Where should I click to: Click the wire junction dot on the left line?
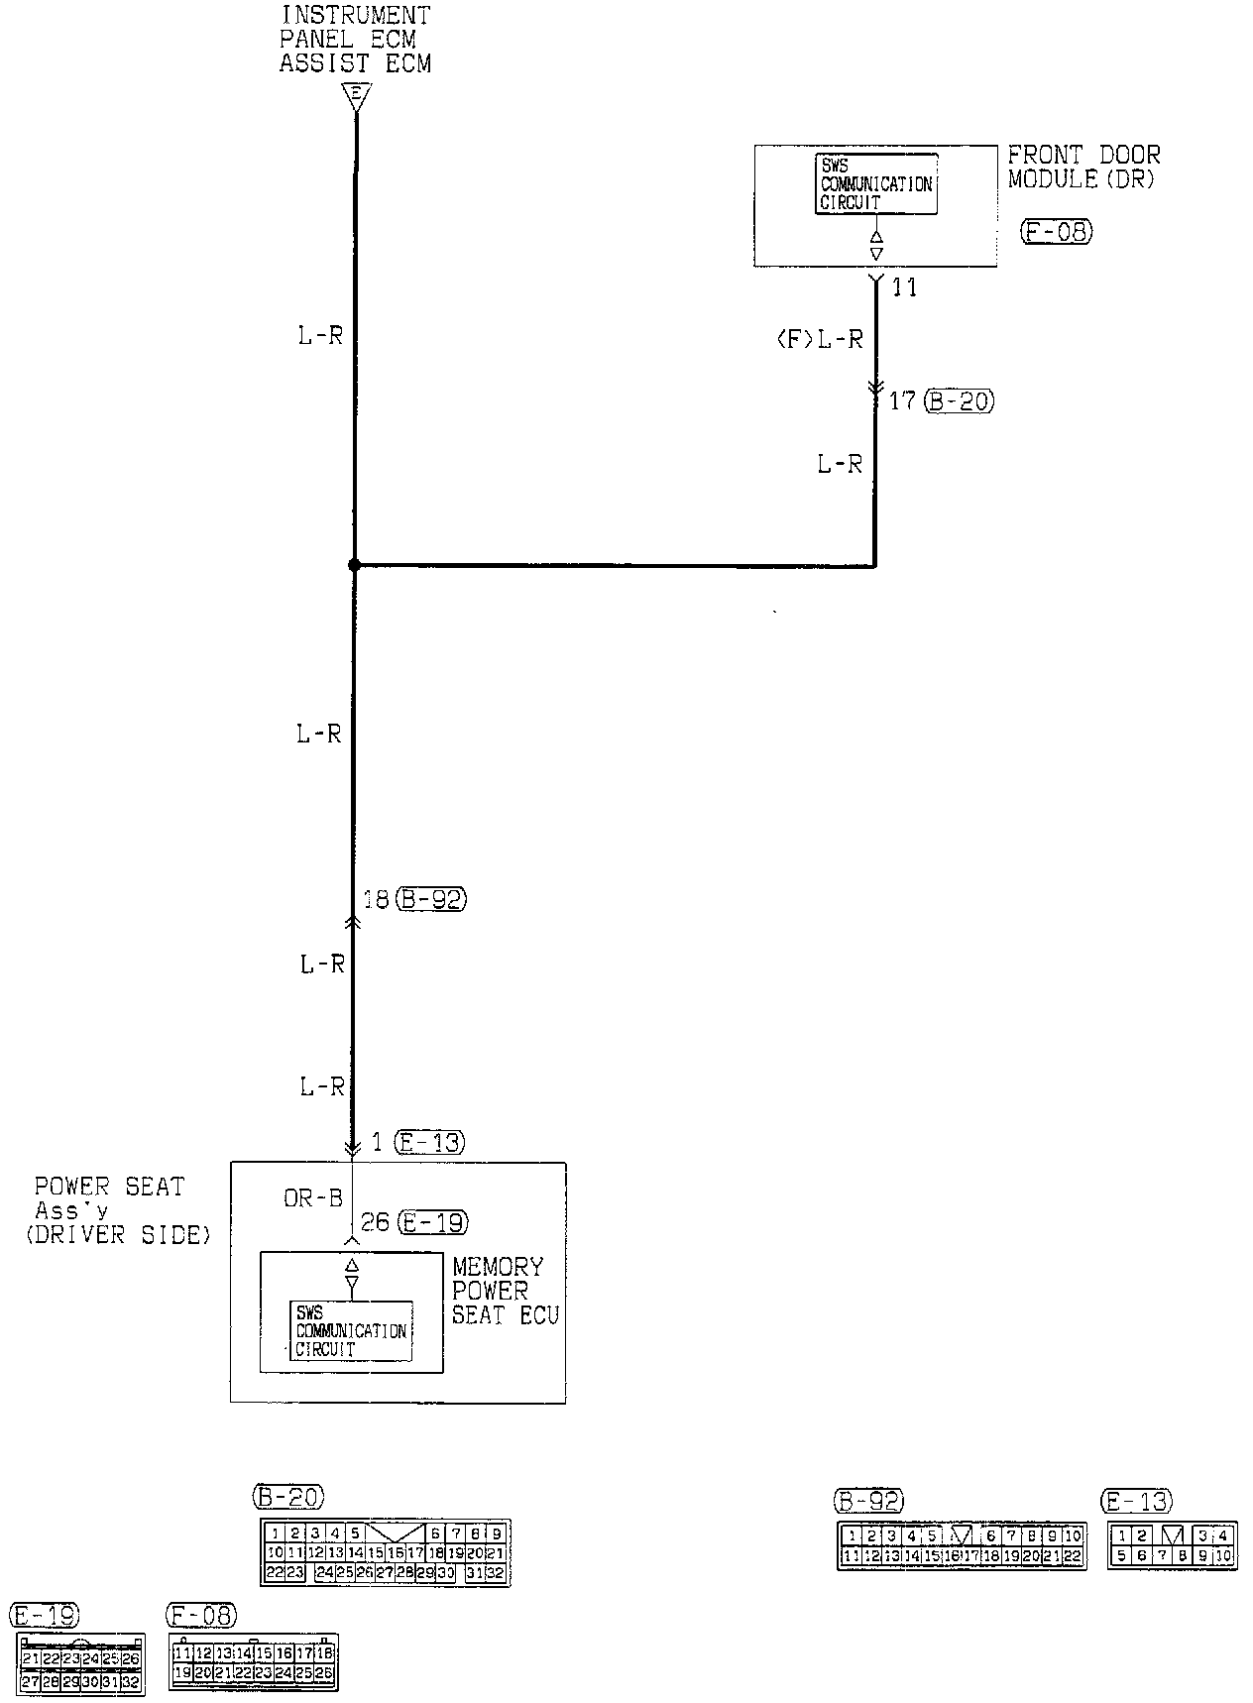(x=354, y=565)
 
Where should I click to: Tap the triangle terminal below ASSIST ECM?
(x=355, y=96)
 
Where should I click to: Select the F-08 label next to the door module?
(x=1055, y=232)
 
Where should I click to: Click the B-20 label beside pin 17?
(x=958, y=401)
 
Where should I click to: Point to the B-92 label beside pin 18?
(x=430, y=899)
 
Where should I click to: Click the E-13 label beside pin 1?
(x=428, y=1142)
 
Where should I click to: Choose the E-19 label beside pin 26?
(x=431, y=1222)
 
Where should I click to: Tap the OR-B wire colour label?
(x=312, y=1198)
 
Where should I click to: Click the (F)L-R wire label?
(x=819, y=339)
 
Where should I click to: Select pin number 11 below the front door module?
(x=904, y=287)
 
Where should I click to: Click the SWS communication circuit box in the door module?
(x=876, y=183)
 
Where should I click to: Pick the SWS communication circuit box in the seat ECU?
(x=351, y=1331)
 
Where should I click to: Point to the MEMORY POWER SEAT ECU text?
(x=506, y=1291)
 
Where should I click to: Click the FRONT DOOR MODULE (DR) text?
(x=1083, y=167)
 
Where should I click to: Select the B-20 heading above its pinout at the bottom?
(x=287, y=1496)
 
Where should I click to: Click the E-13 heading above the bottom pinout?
(x=1139, y=1502)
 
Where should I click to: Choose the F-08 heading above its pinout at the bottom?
(x=202, y=1616)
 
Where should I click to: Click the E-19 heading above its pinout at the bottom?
(x=44, y=1616)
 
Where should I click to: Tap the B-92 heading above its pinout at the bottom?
(x=869, y=1502)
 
